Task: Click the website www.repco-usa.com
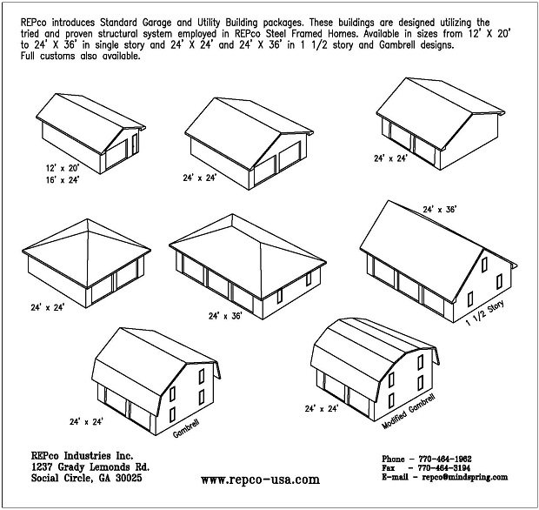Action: pos(260,480)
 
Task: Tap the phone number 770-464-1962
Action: pos(445,459)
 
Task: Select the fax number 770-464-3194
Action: pos(443,468)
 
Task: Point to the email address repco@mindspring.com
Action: pos(465,477)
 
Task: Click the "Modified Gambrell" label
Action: pos(409,412)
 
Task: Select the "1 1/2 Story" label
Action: pos(485,312)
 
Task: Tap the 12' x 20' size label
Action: pos(63,168)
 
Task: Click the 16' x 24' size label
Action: pos(63,179)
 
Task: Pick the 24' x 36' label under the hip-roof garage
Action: pos(225,316)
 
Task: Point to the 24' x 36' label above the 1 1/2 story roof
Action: pos(439,209)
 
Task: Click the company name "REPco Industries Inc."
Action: pos(83,456)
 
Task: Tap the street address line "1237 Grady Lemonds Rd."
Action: pos(90,467)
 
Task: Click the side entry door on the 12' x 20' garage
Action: pos(135,144)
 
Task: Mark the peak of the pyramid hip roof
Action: pos(88,218)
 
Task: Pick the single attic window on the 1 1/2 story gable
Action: pos(484,265)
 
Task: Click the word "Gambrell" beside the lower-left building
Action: pos(186,429)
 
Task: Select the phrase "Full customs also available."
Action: pos(81,56)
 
